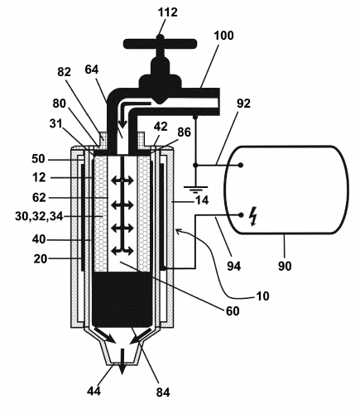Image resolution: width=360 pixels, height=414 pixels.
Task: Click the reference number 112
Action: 168,12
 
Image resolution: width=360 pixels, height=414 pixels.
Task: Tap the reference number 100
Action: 223,36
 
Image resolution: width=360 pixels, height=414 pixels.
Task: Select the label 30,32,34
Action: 39,216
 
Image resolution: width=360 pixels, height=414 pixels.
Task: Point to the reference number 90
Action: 285,267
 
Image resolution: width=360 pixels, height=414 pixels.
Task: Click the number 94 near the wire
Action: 234,267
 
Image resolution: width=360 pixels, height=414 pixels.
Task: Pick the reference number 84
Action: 163,392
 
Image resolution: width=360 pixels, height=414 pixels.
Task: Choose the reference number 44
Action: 94,391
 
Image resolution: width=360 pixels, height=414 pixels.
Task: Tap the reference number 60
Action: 233,311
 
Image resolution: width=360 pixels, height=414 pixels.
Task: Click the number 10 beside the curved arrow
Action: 262,296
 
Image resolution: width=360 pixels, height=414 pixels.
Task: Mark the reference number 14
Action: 202,200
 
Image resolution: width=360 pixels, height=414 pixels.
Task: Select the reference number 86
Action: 184,132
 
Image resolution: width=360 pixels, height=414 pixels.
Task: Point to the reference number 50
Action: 38,159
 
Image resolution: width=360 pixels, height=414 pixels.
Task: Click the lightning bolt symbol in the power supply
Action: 253,217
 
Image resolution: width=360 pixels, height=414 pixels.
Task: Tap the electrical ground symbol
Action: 195,190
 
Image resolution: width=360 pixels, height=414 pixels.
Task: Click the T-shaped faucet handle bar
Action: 160,43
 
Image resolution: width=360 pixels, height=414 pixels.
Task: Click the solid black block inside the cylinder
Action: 122,300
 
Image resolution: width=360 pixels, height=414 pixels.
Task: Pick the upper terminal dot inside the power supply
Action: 241,165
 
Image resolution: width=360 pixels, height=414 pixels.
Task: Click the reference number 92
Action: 243,103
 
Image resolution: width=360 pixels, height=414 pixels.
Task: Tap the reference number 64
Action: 92,70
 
